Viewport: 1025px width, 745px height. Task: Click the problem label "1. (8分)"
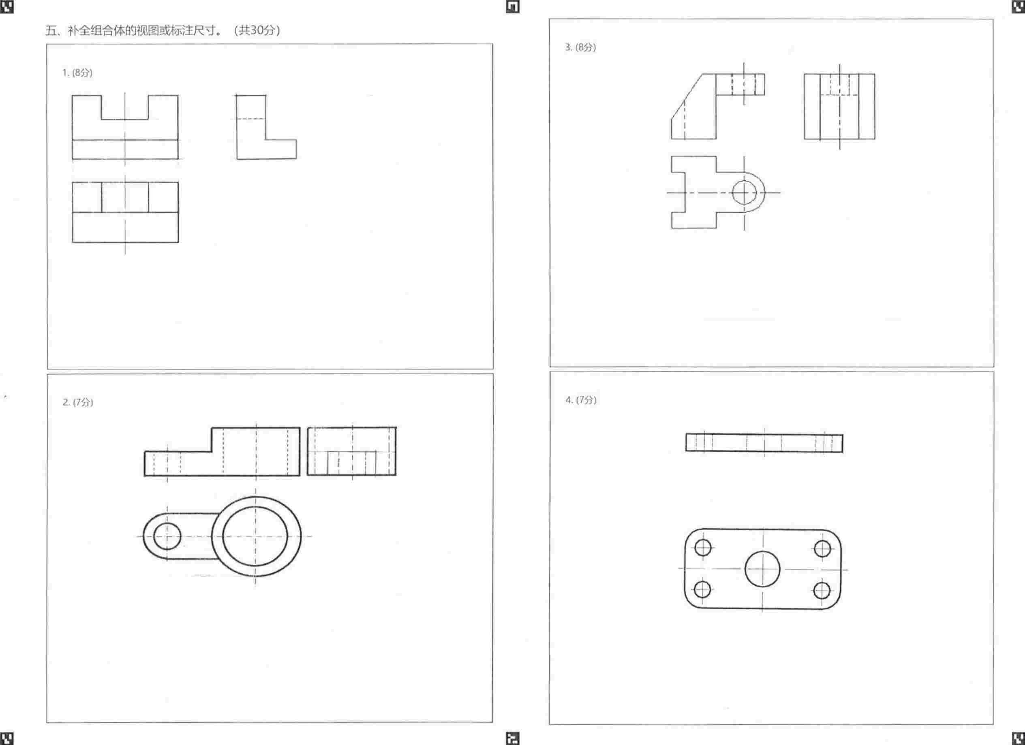click(77, 73)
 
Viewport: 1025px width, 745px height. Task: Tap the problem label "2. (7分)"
click(78, 402)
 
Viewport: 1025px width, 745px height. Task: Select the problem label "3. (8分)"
click(581, 47)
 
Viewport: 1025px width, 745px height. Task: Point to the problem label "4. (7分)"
click(581, 400)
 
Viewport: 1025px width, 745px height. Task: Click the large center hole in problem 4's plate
click(762, 569)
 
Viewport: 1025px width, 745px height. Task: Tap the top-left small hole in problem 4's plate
click(703, 548)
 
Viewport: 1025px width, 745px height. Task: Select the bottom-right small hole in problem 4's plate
click(822, 590)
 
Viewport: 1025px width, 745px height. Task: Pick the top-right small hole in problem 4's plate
click(822, 549)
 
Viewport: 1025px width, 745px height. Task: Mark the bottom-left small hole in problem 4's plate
click(702, 589)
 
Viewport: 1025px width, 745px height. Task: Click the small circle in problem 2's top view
click(167, 536)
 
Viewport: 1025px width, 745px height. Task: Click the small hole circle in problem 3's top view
click(744, 192)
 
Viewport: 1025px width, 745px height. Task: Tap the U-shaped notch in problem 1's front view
click(125, 119)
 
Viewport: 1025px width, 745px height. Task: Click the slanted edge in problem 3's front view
click(687, 96)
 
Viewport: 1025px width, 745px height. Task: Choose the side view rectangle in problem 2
click(352, 451)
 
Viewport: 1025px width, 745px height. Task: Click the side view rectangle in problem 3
click(839, 107)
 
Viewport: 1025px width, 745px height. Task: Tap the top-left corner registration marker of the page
click(6, 6)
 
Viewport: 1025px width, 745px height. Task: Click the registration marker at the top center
click(512, 6)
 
